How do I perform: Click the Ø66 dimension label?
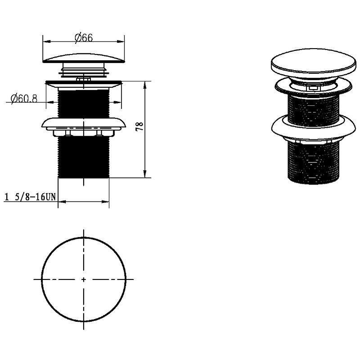(x=84, y=38)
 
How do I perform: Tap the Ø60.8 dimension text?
(x=24, y=99)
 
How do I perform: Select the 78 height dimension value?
(x=140, y=126)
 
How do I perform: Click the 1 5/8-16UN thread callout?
(x=30, y=197)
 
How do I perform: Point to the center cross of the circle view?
(x=84, y=279)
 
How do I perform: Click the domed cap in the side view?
(x=84, y=58)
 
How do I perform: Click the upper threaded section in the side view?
(x=84, y=104)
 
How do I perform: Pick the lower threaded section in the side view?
(x=84, y=157)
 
